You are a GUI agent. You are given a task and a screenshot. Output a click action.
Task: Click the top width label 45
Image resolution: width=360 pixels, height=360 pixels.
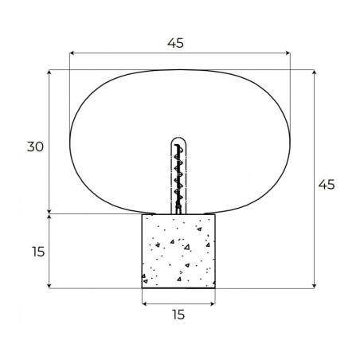(x=175, y=43)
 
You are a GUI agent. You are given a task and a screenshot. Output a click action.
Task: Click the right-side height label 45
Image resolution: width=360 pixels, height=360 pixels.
(x=327, y=184)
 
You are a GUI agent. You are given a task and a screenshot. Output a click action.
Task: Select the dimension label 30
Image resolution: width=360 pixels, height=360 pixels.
(x=35, y=147)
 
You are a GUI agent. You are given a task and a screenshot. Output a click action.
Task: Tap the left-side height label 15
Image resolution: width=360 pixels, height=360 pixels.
(x=38, y=252)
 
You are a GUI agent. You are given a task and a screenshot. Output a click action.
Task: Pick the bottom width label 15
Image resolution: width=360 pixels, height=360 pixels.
(x=178, y=315)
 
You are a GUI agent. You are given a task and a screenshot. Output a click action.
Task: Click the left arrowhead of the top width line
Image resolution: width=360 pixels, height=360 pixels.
(x=72, y=53)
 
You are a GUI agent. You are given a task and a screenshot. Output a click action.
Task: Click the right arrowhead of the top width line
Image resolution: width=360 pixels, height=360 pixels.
(x=288, y=53)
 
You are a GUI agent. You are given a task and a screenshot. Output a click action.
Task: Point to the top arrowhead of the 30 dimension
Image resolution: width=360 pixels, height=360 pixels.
(x=49, y=72)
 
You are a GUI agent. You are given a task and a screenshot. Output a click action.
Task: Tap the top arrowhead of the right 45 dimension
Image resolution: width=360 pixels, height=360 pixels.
(x=315, y=72)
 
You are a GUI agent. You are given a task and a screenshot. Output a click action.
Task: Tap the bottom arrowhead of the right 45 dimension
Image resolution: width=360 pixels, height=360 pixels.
(x=315, y=286)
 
